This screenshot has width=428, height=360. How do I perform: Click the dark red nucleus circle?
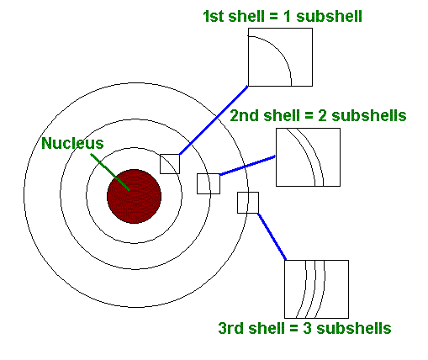click(135, 196)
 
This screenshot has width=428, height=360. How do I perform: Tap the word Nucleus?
click(72, 143)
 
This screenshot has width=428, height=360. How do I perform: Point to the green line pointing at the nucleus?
click(110, 172)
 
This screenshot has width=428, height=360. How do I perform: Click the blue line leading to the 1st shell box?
click(214, 120)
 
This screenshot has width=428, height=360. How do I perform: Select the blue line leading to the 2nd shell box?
click(247, 166)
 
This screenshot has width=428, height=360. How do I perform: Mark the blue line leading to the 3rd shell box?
click(272, 237)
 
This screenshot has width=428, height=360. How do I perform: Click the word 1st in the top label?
click(214, 16)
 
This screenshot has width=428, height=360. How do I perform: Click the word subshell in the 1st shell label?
click(329, 16)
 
